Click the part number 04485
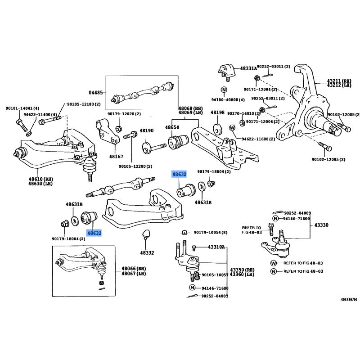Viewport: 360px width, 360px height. point(96,93)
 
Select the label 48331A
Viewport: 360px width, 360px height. point(248,68)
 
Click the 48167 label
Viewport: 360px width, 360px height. point(115,157)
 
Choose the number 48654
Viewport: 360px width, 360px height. point(172,128)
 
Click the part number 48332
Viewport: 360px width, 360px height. point(147,253)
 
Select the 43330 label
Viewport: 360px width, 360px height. point(321,225)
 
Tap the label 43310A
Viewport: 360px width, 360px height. point(216,247)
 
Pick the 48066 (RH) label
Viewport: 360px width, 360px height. point(134,268)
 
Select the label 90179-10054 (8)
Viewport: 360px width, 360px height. point(211,232)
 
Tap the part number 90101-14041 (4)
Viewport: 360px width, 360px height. point(22,108)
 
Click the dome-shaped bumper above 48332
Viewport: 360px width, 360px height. point(147,234)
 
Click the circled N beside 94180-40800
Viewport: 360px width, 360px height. point(224,89)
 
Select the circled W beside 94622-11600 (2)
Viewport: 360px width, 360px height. point(233,128)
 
